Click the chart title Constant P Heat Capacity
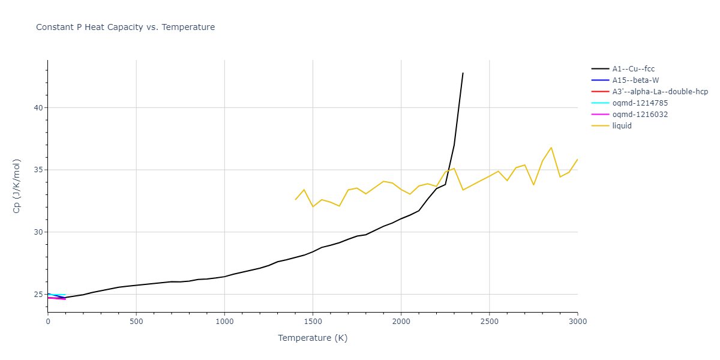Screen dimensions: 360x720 [x=125, y=27]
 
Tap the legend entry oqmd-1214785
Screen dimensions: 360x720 [x=640, y=103]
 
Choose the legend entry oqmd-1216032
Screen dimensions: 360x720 [x=640, y=115]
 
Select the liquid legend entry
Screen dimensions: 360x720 [x=622, y=126]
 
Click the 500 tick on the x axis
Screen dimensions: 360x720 [x=136, y=321]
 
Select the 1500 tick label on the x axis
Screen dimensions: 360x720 [x=313, y=321]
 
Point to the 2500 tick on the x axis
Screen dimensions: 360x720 [x=489, y=321]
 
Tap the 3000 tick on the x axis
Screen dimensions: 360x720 [x=577, y=321]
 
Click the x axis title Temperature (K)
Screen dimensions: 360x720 [x=313, y=338]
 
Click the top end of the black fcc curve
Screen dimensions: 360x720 [x=463, y=73]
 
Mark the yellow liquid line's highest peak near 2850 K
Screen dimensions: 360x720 [x=551, y=148]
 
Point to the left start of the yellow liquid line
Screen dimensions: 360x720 [x=295, y=199]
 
